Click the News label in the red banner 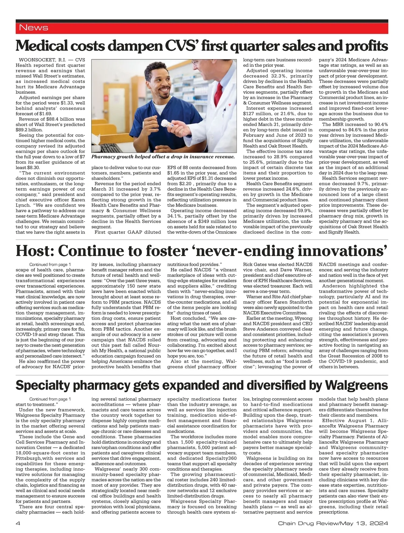tap(34, 28)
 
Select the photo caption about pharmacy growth tap(163, 157)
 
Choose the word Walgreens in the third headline tap(357, 385)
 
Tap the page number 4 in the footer tap(18, 523)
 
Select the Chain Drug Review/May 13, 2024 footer tap(333, 523)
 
